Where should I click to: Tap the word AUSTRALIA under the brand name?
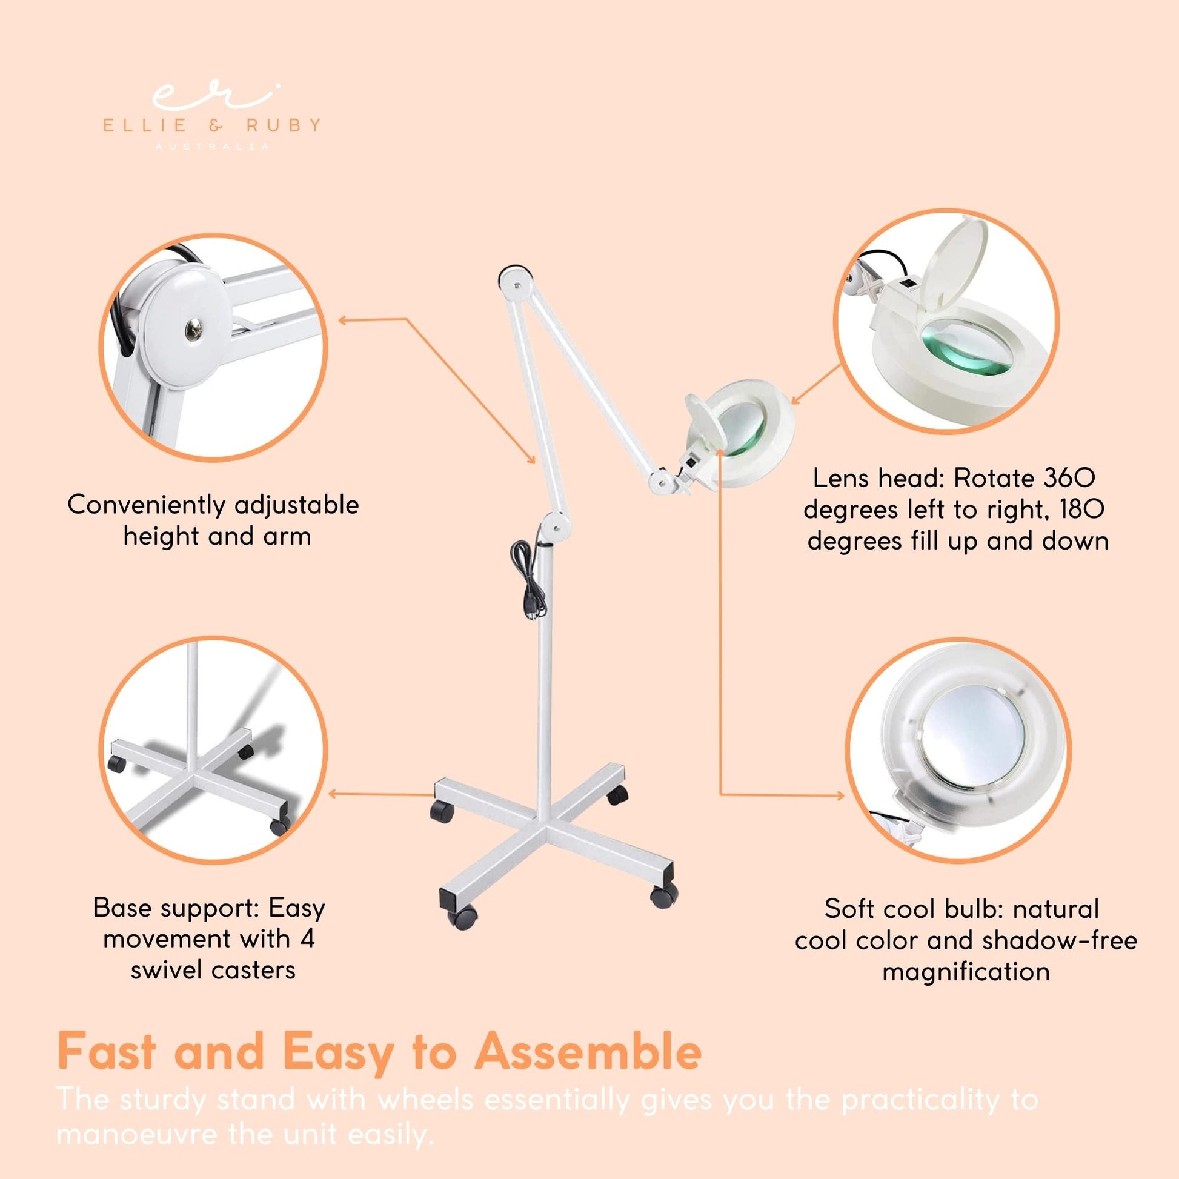click(x=213, y=147)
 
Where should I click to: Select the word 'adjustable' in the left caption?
click(x=297, y=505)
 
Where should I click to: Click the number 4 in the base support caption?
click(x=308, y=939)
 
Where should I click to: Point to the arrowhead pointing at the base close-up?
click(x=334, y=794)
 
